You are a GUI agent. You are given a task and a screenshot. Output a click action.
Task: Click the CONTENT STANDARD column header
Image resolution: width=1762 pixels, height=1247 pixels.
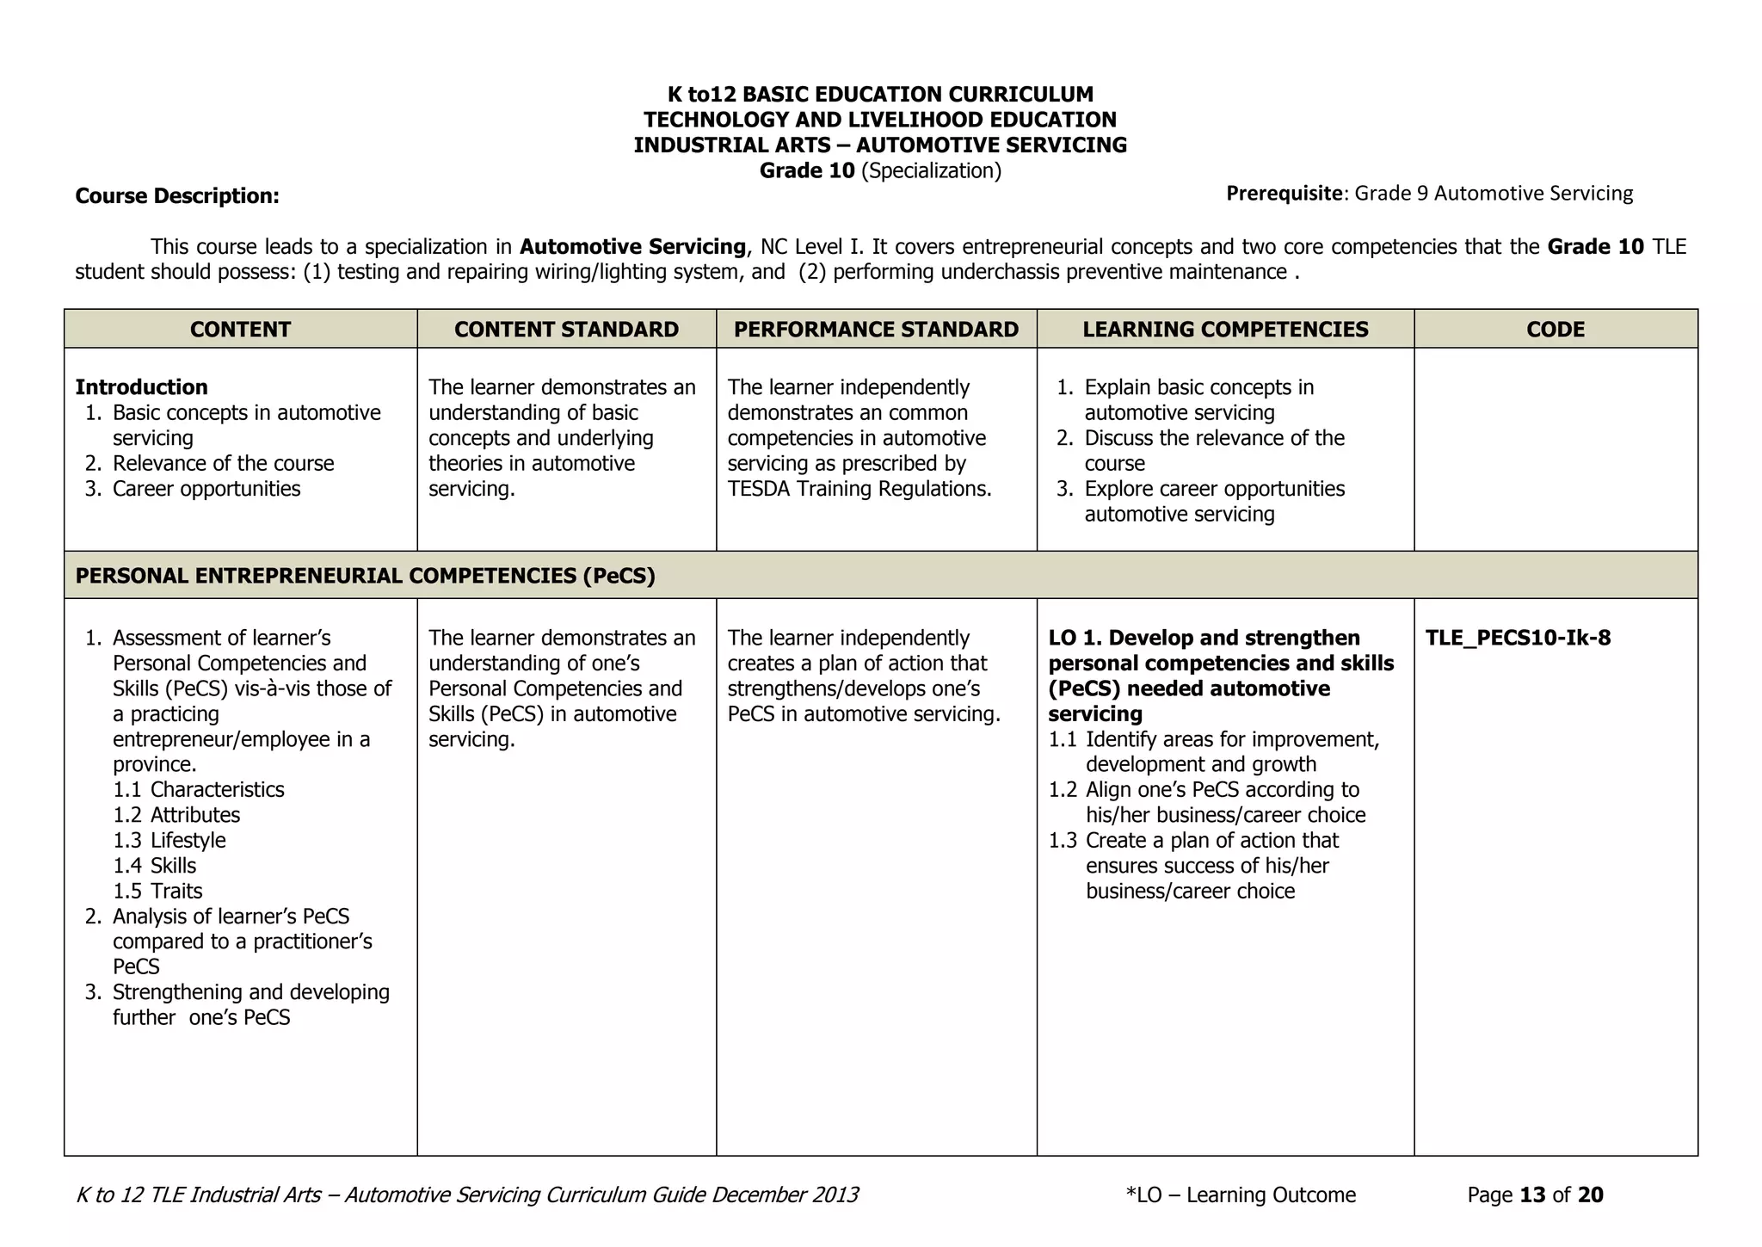click(566, 330)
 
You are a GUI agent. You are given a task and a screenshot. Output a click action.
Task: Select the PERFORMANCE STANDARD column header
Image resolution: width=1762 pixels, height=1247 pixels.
click(876, 330)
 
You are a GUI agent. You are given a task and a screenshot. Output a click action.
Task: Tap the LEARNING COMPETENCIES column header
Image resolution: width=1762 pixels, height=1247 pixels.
click(1225, 330)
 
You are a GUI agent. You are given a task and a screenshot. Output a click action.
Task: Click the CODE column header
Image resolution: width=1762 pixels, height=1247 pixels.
click(1556, 330)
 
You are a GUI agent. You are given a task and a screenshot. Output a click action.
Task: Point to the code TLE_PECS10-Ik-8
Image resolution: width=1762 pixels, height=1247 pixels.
click(1518, 639)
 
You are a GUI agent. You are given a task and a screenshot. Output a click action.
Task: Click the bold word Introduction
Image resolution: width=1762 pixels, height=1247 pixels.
click(142, 387)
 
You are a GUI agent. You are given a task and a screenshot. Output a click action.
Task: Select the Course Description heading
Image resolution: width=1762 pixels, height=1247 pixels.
click(177, 196)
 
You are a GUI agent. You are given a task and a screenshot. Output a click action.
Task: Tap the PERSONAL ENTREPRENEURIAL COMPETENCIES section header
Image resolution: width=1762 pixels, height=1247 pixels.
click(365, 576)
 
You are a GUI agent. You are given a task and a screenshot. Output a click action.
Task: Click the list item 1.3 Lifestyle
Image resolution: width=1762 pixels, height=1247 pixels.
click(169, 841)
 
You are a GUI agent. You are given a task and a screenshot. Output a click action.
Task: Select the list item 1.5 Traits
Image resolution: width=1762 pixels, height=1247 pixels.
click(158, 892)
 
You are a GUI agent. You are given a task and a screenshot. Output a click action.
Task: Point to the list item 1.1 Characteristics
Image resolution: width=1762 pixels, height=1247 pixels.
click(199, 790)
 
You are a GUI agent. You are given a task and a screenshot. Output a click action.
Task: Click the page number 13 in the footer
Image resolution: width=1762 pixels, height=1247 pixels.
click(1533, 1195)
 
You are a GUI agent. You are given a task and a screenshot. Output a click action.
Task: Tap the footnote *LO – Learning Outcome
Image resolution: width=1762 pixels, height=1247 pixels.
click(1240, 1195)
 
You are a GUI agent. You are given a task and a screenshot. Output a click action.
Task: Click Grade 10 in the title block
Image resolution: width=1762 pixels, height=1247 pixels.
click(806, 170)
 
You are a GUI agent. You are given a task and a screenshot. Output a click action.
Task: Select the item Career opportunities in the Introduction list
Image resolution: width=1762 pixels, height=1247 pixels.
click(206, 489)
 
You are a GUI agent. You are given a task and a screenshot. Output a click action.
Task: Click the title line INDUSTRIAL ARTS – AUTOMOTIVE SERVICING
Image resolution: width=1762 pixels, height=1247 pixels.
click(880, 145)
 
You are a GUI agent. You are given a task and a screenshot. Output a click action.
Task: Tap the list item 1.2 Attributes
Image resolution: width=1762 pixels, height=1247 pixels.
click(176, 815)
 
